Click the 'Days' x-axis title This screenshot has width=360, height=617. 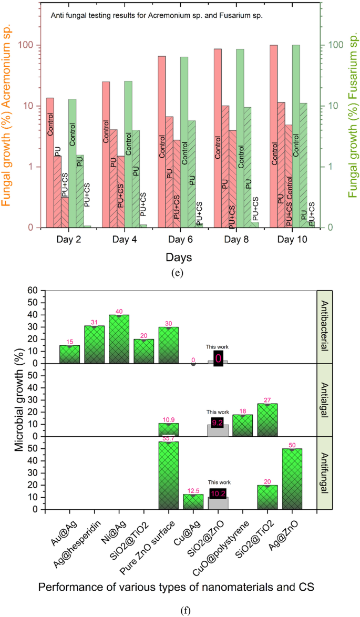click(x=179, y=258)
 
